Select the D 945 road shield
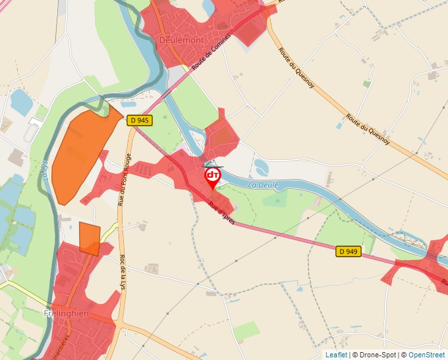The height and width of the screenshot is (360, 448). pos(140,120)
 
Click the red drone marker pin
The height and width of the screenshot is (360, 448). pos(213,176)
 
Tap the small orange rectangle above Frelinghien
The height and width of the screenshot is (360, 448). pos(89,238)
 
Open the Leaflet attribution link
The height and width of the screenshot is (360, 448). pos(336,355)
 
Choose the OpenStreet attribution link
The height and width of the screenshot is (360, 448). pos(426,355)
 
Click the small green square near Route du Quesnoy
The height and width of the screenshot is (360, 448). pos(366,84)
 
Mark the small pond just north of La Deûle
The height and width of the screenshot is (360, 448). pos(261,167)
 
